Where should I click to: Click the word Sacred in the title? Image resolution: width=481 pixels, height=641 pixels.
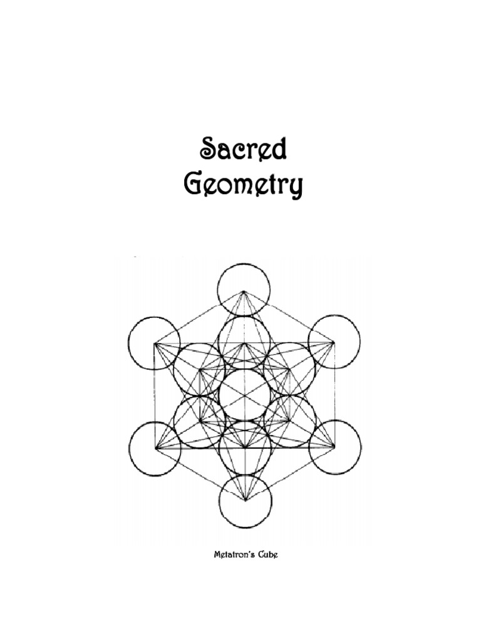(244, 150)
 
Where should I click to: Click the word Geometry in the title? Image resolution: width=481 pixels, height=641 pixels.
(243, 187)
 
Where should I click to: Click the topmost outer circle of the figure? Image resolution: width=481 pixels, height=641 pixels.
(244, 290)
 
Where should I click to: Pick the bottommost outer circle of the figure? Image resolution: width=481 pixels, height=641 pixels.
(245, 501)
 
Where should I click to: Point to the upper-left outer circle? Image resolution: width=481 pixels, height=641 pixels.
(154, 342)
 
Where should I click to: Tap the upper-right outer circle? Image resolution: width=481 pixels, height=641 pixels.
(334, 342)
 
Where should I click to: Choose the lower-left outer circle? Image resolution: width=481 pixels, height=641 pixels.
(155, 448)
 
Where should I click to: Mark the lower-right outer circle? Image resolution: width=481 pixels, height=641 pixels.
(335, 448)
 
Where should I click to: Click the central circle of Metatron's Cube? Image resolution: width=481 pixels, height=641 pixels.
(244, 395)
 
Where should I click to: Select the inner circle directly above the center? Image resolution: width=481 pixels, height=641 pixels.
(244, 342)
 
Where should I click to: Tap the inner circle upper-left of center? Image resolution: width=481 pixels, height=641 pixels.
(199, 369)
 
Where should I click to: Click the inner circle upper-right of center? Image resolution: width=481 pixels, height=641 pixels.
(289, 369)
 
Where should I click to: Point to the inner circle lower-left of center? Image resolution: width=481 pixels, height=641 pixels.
(200, 421)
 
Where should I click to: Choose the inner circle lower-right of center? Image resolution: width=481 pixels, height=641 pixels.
(290, 421)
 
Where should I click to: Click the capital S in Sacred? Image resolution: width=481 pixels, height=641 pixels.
(208, 150)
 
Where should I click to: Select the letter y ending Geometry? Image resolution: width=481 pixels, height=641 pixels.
(295, 189)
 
